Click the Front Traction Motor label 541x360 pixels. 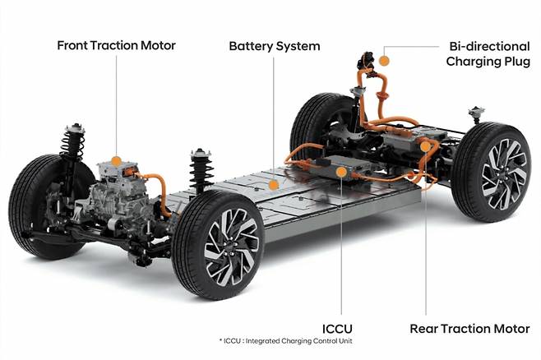pyautogui.click(x=117, y=44)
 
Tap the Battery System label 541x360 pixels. pyautogui.click(x=274, y=44)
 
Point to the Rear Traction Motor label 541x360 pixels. pyautogui.click(x=469, y=330)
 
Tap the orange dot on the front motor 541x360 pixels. pyautogui.click(x=117, y=161)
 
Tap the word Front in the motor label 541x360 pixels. pyautogui.click(x=74, y=44)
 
